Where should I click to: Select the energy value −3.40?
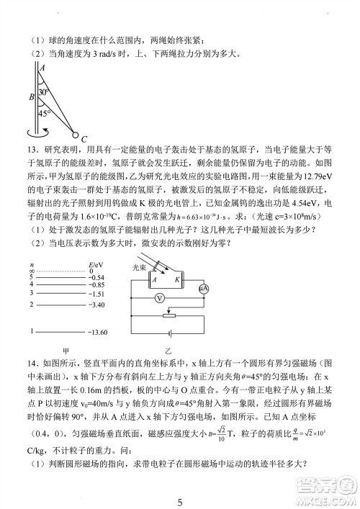96,305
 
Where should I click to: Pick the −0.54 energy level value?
96,276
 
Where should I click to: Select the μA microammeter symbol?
203,287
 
